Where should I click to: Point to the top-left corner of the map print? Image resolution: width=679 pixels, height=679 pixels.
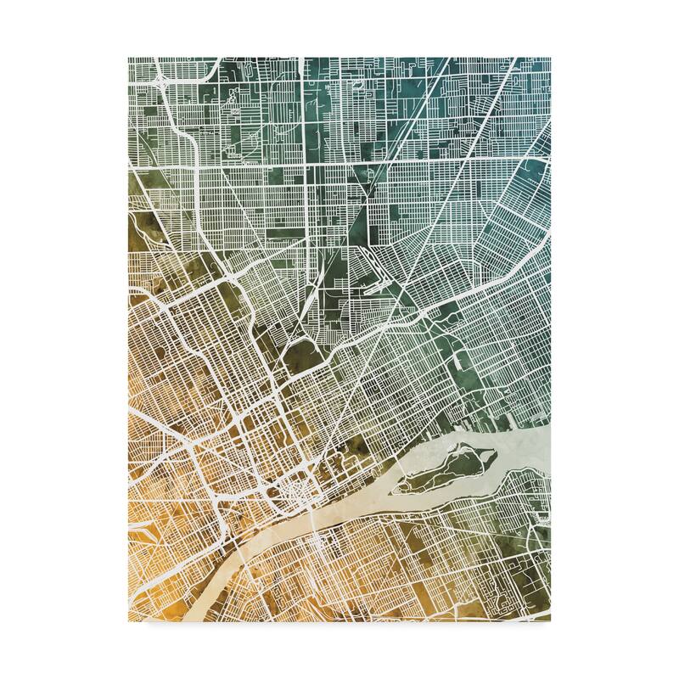tap(129, 58)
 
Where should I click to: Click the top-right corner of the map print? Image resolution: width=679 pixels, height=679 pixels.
tap(550, 58)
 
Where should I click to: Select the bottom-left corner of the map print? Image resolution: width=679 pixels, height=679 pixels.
tap(129, 621)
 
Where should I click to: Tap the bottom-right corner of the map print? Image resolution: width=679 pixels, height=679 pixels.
tap(550, 621)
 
